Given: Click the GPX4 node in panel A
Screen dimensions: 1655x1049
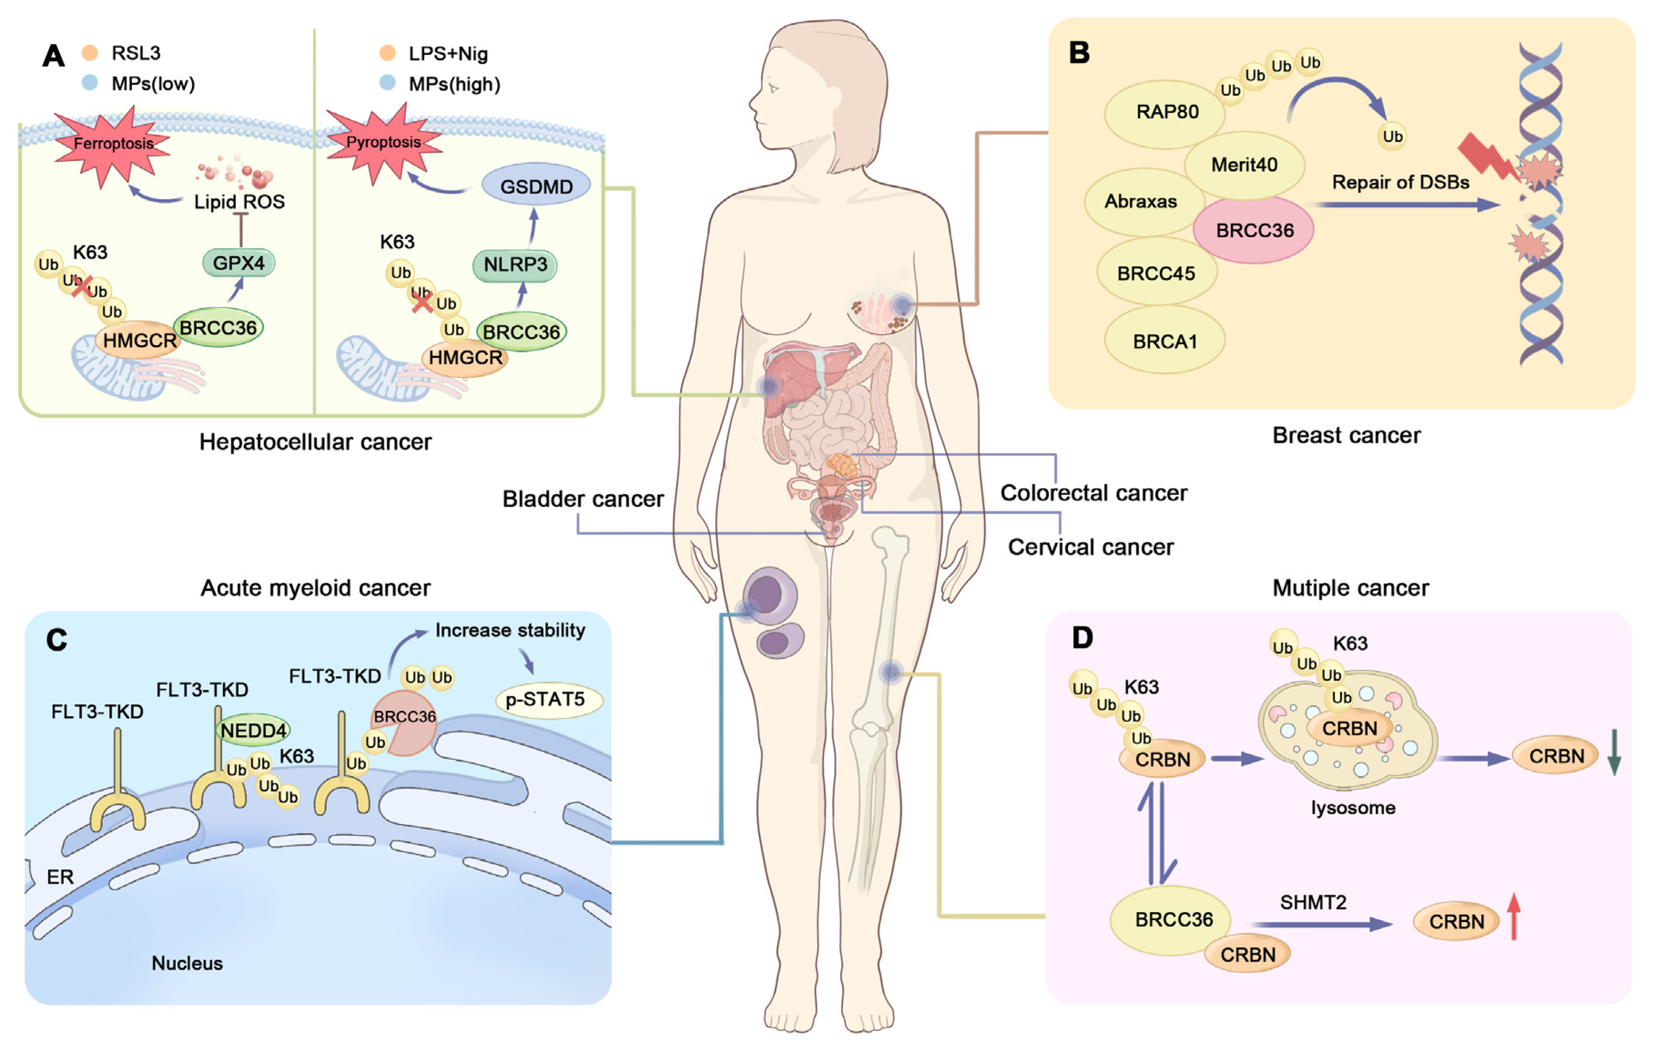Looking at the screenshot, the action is coord(239,263).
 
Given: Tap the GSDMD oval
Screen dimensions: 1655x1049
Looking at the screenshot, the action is coord(536,186).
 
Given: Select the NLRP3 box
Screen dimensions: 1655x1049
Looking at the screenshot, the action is coord(515,265).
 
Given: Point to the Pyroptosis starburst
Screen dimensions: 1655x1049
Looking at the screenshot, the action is coord(383,143).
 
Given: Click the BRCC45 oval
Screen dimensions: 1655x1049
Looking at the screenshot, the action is coord(1157,273).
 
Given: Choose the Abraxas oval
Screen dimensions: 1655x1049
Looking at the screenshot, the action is coord(1142,201).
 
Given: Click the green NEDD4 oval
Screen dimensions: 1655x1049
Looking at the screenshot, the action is coord(253,730).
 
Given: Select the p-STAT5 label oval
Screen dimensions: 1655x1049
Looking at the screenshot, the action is coord(548,700).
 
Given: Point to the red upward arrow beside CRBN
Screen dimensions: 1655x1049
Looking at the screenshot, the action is coord(1513,916).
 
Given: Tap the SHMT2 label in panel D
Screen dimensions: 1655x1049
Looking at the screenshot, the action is coord(1313,902).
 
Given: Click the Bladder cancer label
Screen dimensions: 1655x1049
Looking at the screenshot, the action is coord(583,499).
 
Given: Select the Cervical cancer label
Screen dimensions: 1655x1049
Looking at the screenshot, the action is coord(1091,547).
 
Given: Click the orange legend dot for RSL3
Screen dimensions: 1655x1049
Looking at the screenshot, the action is coord(89,52).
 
